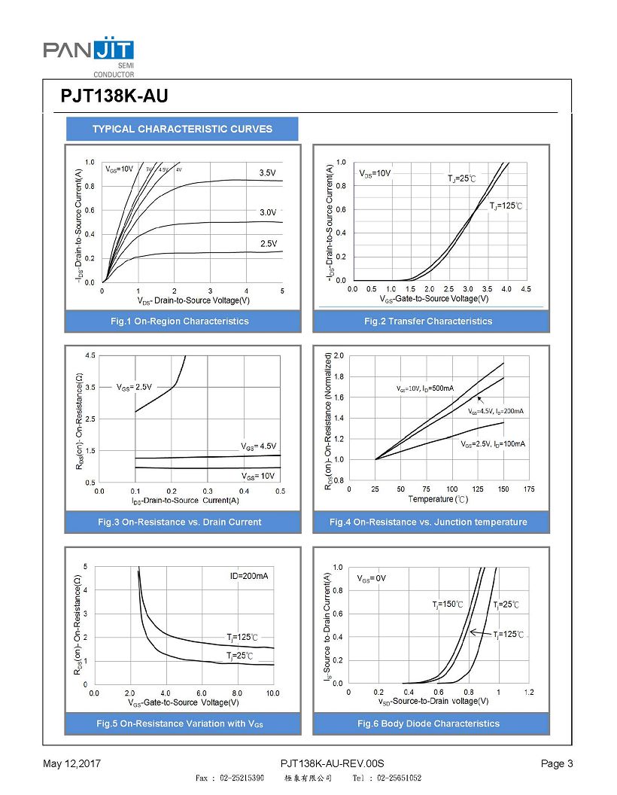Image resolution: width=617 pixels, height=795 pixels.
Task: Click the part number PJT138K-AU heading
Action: [114, 97]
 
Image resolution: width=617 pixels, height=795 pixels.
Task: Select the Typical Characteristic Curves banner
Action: [182, 129]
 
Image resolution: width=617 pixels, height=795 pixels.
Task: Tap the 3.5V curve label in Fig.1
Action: [268, 173]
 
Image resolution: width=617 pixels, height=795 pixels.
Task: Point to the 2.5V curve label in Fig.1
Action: [268, 243]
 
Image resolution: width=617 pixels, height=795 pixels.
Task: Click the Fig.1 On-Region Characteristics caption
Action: [179, 321]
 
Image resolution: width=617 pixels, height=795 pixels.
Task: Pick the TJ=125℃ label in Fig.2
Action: [506, 206]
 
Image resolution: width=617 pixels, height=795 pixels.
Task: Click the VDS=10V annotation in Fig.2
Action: [375, 174]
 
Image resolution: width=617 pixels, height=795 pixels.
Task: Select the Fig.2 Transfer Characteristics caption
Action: [428, 321]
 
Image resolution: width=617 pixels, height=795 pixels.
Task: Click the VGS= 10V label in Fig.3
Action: [258, 476]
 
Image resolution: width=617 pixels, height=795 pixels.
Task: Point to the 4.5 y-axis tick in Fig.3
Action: [90, 355]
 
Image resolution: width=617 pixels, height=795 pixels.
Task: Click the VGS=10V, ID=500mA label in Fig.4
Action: [425, 388]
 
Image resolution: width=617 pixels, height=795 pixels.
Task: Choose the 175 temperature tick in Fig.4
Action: [528, 489]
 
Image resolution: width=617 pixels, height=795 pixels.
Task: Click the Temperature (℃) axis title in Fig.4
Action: [438, 499]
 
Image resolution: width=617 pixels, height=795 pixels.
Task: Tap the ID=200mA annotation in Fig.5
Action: [249, 577]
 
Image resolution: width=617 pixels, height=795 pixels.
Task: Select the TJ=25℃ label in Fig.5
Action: [240, 656]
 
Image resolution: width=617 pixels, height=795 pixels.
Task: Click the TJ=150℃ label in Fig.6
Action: [448, 605]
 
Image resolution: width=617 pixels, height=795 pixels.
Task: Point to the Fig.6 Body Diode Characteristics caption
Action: [428, 723]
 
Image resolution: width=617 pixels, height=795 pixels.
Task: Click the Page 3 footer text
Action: [557, 764]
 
